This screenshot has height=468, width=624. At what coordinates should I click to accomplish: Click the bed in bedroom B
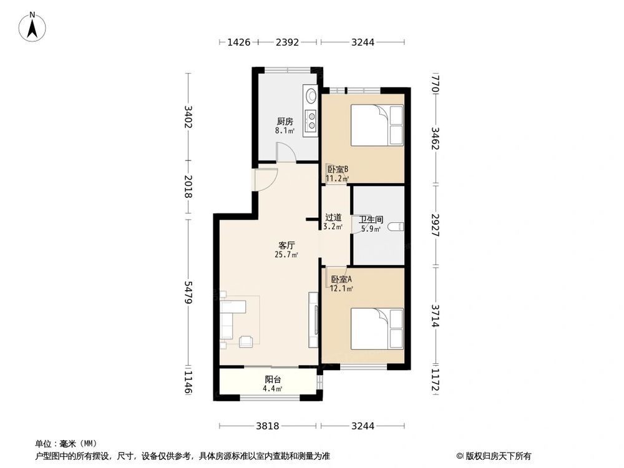(377, 125)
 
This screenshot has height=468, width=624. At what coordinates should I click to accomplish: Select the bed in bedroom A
(377, 328)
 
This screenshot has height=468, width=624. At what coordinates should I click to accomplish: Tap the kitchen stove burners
(310, 122)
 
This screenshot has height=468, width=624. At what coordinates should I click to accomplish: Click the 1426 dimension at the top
(238, 42)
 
